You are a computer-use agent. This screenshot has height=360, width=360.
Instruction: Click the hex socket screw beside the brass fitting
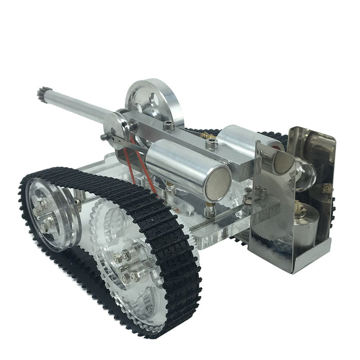tap(211, 144)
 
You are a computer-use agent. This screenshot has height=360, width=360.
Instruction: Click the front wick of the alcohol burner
tap(298, 208)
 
